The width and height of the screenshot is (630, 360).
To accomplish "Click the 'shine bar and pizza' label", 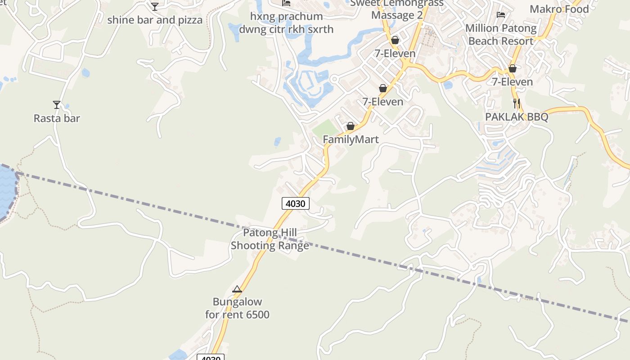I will point(155,20).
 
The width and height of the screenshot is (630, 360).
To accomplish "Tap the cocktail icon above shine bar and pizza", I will point(155,6).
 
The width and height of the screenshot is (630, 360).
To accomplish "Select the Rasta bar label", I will point(57,118).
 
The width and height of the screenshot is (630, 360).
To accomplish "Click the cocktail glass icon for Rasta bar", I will point(57,105).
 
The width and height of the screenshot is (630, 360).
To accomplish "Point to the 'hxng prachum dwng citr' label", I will point(286,23).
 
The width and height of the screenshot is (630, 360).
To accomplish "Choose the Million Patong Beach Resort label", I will point(501,35).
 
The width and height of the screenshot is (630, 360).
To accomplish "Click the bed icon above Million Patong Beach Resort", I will point(501,15).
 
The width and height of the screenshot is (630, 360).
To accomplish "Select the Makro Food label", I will point(559,9).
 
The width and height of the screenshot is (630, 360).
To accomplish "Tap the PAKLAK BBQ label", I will point(517,117).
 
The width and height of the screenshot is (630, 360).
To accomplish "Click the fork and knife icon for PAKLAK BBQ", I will point(517,103).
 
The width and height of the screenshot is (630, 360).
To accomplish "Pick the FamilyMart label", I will point(351,139).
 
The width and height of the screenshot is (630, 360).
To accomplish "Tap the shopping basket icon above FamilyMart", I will point(351,126).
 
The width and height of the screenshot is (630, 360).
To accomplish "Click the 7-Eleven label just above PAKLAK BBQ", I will point(512,82).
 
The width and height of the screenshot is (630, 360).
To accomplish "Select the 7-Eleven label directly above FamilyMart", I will point(383,102).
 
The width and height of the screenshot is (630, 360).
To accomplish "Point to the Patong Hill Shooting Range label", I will point(270,239).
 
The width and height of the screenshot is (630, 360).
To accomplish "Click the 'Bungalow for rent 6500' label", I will point(237,308).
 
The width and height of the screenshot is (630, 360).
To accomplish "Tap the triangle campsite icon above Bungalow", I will point(237,289).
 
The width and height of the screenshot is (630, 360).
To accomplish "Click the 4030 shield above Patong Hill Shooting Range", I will point(296,203).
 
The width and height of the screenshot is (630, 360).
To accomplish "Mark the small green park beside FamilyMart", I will point(325,128).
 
